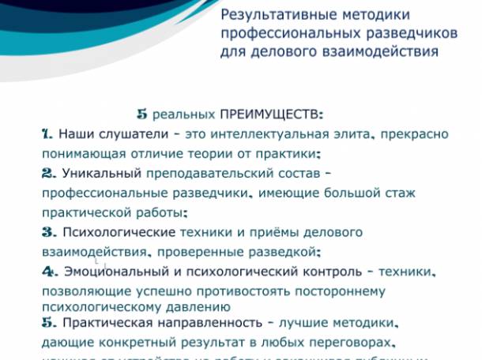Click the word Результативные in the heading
pos(269,15)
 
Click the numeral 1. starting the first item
pos(47,134)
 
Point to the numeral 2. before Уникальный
pos(48,173)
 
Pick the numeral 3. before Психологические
pos(48,232)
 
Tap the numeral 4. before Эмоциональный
pos(48,271)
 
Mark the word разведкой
pos(289,252)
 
